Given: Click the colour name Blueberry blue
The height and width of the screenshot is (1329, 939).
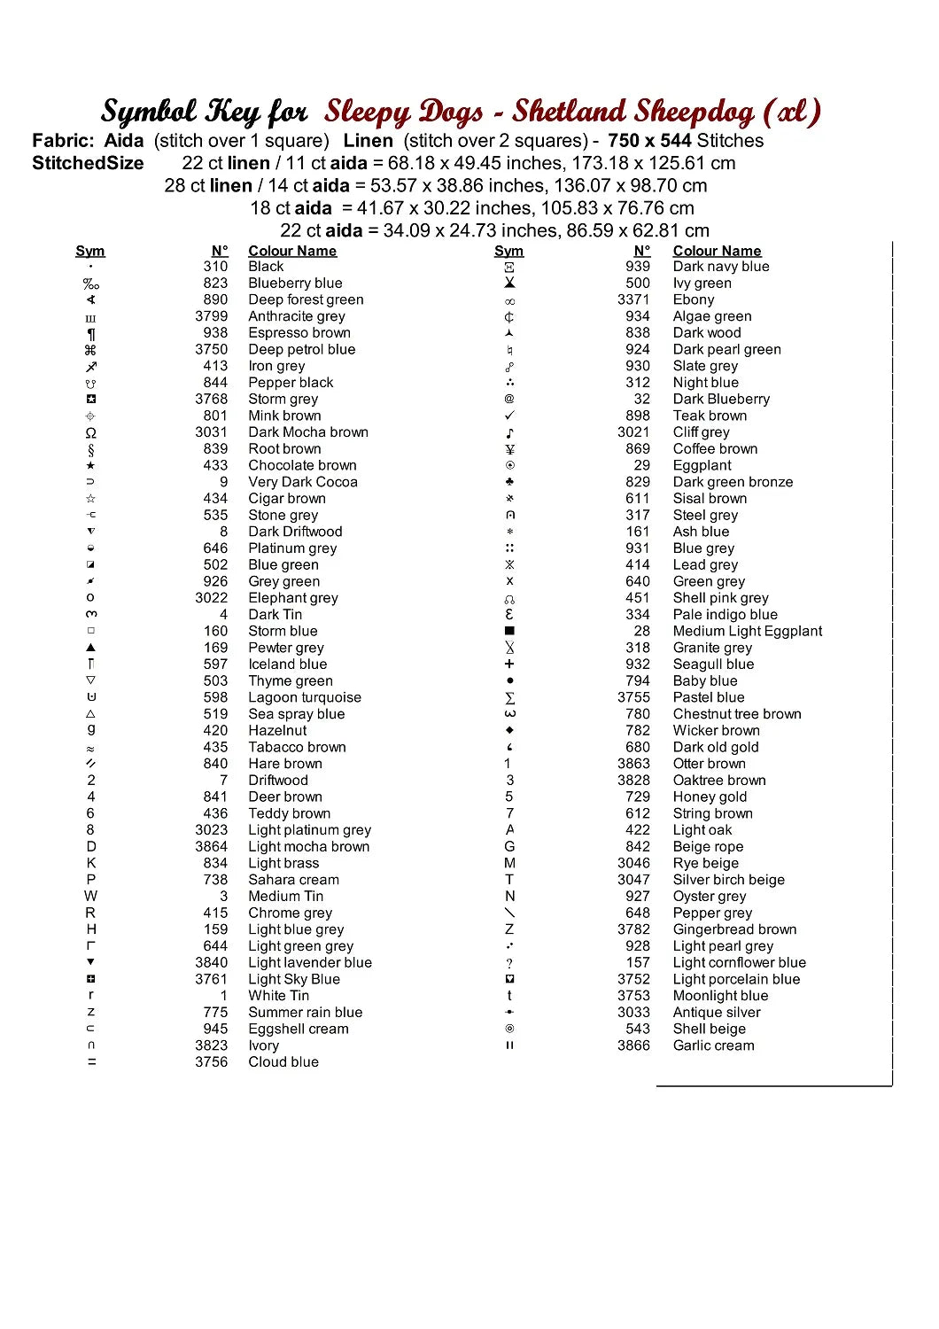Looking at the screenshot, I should (295, 284).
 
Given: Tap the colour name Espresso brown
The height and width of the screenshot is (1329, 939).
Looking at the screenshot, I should (299, 333).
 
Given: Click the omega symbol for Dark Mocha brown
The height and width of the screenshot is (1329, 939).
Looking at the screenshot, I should (90, 433).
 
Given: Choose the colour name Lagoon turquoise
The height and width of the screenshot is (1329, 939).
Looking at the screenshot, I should (305, 697).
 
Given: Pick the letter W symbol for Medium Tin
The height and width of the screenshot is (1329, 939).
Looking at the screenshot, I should (90, 896).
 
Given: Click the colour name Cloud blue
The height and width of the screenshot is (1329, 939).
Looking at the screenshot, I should (283, 1061).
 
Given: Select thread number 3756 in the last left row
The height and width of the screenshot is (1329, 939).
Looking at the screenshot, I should (212, 1061).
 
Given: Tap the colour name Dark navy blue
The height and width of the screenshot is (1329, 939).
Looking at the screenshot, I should (721, 267).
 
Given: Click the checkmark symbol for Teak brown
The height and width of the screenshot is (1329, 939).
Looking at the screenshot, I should (509, 416).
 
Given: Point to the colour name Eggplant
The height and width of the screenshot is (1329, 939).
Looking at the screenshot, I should (702, 465).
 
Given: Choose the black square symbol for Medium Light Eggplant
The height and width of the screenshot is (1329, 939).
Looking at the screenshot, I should (509, 631).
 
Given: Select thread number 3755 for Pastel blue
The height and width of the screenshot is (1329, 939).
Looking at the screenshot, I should (634, 697).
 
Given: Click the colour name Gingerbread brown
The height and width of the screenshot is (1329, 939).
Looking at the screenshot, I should (734, 929).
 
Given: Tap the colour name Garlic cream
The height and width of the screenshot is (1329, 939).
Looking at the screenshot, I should (714, 1045).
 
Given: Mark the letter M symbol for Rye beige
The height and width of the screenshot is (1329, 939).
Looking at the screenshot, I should (509, 863).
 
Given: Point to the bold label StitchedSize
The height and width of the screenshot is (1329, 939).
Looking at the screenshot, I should (88, 163).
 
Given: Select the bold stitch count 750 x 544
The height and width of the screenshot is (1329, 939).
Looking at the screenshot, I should (649, 141).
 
